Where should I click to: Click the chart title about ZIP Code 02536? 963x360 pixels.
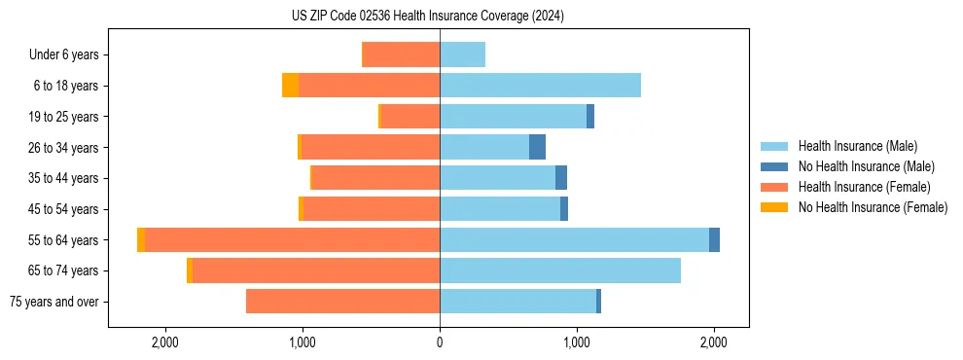coord(428,17)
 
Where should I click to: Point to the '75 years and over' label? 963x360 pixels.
coord(54,302)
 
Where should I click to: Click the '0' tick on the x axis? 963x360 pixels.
coord(440,342)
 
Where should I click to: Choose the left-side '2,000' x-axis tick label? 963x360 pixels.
coord(165,342)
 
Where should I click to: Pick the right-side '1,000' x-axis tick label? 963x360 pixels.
coord(577,342)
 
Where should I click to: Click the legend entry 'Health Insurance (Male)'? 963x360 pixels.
coord(857,146)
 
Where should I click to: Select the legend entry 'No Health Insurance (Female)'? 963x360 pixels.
coord(873,207)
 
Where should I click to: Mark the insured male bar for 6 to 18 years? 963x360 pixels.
coord(540,86)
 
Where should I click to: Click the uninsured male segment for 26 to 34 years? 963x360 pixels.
coord(537,147)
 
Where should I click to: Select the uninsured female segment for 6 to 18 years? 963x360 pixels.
coord(290,86)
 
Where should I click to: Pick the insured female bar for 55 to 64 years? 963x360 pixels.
coord(292,239)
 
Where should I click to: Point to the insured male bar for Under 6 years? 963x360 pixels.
coord(462,54)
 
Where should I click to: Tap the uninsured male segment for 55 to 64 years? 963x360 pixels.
coord(714,239)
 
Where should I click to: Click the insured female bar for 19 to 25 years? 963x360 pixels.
coord(410,117)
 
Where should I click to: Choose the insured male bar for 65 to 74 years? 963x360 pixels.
coord(560,270)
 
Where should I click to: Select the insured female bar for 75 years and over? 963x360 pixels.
coord(342,302)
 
